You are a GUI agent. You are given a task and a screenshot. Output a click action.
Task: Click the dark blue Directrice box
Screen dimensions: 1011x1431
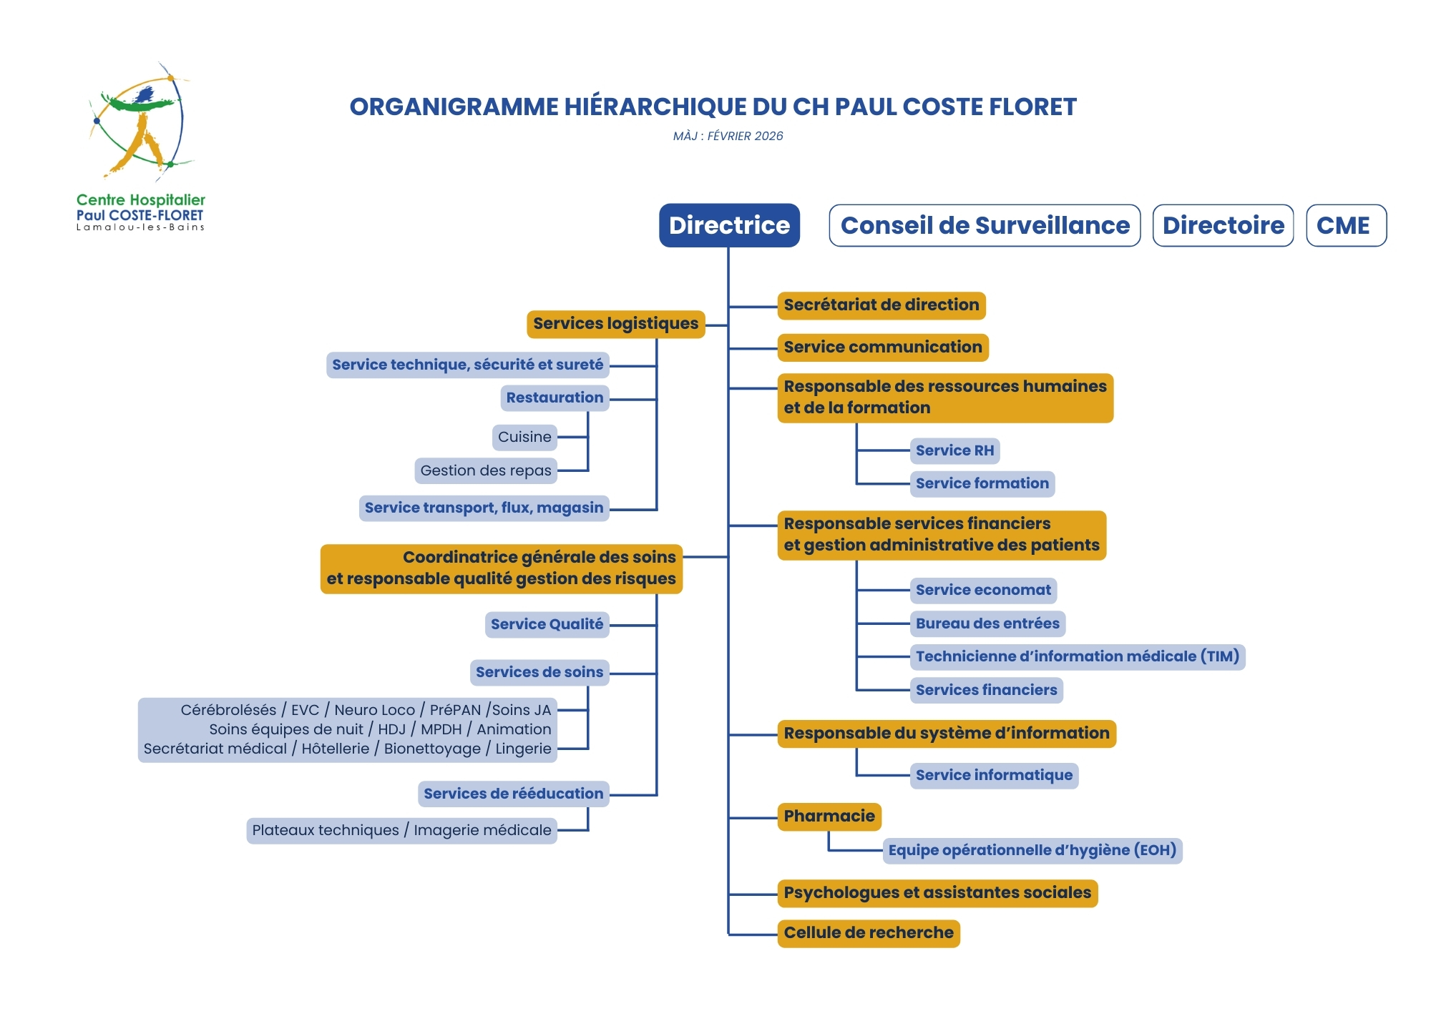[x=729, y=225]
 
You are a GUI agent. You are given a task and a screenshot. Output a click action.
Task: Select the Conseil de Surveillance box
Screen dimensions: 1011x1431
[x=985, y=225]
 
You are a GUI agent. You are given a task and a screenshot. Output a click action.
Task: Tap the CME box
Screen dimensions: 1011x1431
[x=1346, y=225]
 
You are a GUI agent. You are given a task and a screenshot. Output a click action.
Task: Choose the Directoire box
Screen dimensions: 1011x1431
[x=1223, y=225]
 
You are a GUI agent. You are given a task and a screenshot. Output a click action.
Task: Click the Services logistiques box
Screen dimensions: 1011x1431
[x=615, y=324]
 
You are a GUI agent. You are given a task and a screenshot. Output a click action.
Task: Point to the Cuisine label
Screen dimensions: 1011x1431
[x=524, y=437]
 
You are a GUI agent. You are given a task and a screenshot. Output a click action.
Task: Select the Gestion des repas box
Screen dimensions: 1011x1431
[x=486, y=470]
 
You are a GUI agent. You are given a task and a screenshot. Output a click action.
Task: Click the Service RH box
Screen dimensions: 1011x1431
[x=954, y=450]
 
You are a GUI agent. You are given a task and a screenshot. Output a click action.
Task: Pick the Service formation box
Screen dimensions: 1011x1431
[x=982, y=483]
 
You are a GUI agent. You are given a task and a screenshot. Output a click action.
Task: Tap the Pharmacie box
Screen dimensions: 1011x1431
[x=829, y=817]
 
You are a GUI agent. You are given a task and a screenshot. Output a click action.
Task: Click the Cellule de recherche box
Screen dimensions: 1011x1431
[x=869, y=933]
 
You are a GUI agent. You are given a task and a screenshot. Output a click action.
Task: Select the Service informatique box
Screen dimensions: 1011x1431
[x=994, y=775]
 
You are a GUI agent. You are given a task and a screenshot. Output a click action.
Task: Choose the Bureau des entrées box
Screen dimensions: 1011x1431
[x=987, y=623]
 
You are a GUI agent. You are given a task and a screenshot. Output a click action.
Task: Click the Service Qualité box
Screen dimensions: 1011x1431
[x=547, y=624]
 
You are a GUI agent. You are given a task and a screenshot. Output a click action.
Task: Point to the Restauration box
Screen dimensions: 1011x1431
[x=555, y=398]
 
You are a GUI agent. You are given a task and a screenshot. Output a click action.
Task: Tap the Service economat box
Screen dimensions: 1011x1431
[x=983, y=590]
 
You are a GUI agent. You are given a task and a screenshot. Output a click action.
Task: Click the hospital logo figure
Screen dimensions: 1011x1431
[x=140, y=122]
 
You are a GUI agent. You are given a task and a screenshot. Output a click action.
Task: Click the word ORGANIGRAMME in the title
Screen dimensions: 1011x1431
[x=454, y=107]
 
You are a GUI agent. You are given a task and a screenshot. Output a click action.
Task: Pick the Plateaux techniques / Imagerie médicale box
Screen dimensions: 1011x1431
[x=401, y=830]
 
